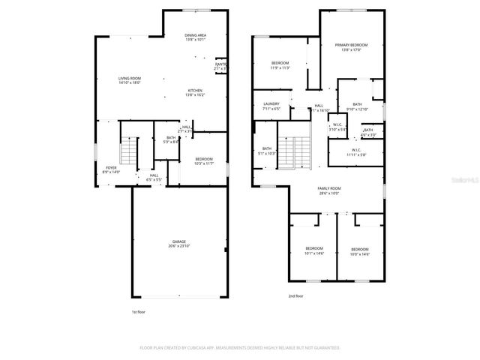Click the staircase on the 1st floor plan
tap(130, 152)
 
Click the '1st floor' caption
tap(139, 311)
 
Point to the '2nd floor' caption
tap(296, 296)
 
